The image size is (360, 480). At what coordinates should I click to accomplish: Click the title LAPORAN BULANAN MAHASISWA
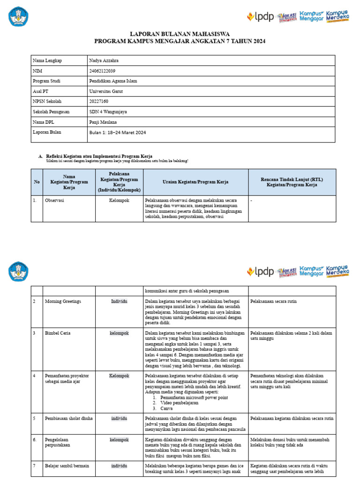pyautogui.click(x=180, y=34)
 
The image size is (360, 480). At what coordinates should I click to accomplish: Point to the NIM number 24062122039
pyautogui.click(x=102, y=71)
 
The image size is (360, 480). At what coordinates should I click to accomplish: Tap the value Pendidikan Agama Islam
pyautogui.click(x=113, y=81)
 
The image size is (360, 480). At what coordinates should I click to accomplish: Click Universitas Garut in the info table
pyautogui.click(x=105, y=91)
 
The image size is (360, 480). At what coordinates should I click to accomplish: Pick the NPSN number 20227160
pyautogui.click(x=98, y=101)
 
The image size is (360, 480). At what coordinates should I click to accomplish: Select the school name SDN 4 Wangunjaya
pyautogui.click(x=108, y=112)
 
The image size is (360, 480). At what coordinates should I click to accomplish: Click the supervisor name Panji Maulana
pyautogui.click(x=103, y=122)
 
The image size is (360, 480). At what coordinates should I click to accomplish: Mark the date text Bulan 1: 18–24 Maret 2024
pyautogui.click(x=118, y=133)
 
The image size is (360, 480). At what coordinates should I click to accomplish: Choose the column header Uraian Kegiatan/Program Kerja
pyautogui.click(x=195, y=181)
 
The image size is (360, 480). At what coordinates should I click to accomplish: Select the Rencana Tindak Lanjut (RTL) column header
pyautogui.click(x=292, y=182)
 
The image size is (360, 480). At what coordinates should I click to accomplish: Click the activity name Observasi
pyautogui.click(x=54, y=200)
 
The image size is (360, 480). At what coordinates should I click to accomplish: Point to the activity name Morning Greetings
pyautogui.click(x=63, y=301)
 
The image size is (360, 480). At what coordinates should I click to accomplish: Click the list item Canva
pyautogui.click(x=167, y=409)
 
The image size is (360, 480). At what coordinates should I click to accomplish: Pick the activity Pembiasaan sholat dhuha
pyautogui.click(x=68, y=418)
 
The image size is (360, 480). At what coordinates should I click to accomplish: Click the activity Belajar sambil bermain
pyautogui.click(x=67, y=466)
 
